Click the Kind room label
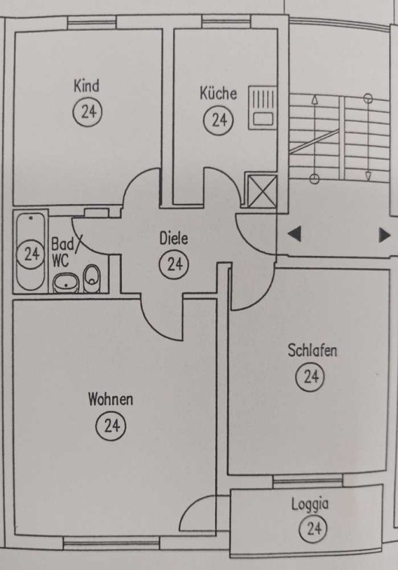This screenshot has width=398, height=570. point(87,86)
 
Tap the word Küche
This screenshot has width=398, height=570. point(218,93)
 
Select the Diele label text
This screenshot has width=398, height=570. point(174,239)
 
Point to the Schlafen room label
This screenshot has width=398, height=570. point(312,350)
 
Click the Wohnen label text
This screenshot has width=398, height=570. point(111,399)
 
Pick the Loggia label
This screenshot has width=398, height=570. point(310,504)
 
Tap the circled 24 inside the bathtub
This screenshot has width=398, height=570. point(32,254)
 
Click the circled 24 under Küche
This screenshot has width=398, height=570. point(218,120)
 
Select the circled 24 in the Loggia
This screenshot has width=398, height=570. point(313,528)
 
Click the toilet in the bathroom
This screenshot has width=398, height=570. point(92,278)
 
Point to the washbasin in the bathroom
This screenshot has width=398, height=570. point(66,283)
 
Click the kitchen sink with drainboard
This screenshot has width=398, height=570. point(263,107)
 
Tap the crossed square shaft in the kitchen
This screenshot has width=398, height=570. point(262,191)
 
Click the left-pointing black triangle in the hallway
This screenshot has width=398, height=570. point(294,233)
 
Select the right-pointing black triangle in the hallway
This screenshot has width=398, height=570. point(384,235)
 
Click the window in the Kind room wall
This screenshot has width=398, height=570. point(92,23)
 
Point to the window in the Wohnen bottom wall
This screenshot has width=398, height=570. point(111,544)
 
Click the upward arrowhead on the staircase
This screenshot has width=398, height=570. point(314,99)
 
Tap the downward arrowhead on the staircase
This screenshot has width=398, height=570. point(368,176)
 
